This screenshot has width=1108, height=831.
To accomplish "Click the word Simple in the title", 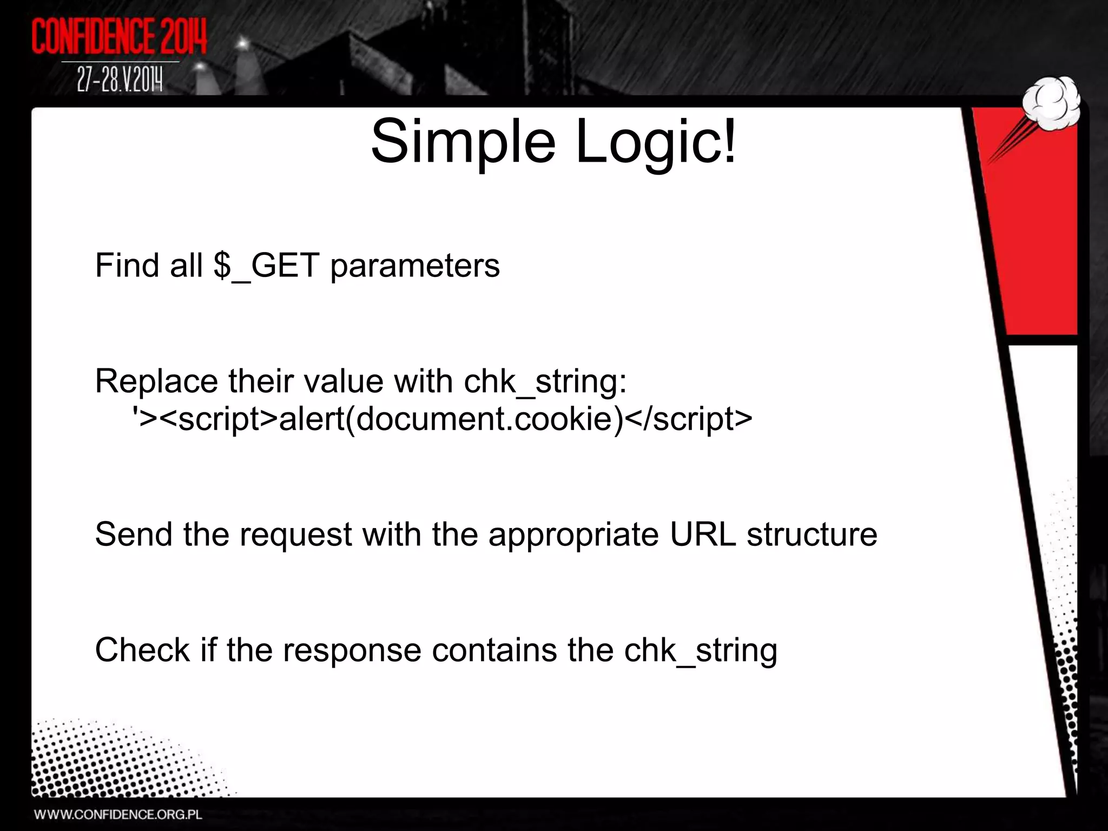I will point(463,142).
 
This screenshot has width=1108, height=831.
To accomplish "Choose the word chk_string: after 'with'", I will point(545,381).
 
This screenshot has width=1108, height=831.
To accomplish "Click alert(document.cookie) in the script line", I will point(451,419).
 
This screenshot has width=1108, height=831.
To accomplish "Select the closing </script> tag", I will point(688,419).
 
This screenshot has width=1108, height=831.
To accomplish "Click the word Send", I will point(134,535).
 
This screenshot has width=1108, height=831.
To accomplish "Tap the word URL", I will point(703,535).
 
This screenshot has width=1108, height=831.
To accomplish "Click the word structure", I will point(812,535).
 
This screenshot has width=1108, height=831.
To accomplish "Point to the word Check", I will point(142,650).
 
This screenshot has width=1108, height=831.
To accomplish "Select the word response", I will point(352,651).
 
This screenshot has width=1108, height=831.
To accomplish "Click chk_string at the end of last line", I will point(701,651).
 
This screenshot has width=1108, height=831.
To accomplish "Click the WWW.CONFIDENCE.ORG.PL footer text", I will point(118,815).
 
